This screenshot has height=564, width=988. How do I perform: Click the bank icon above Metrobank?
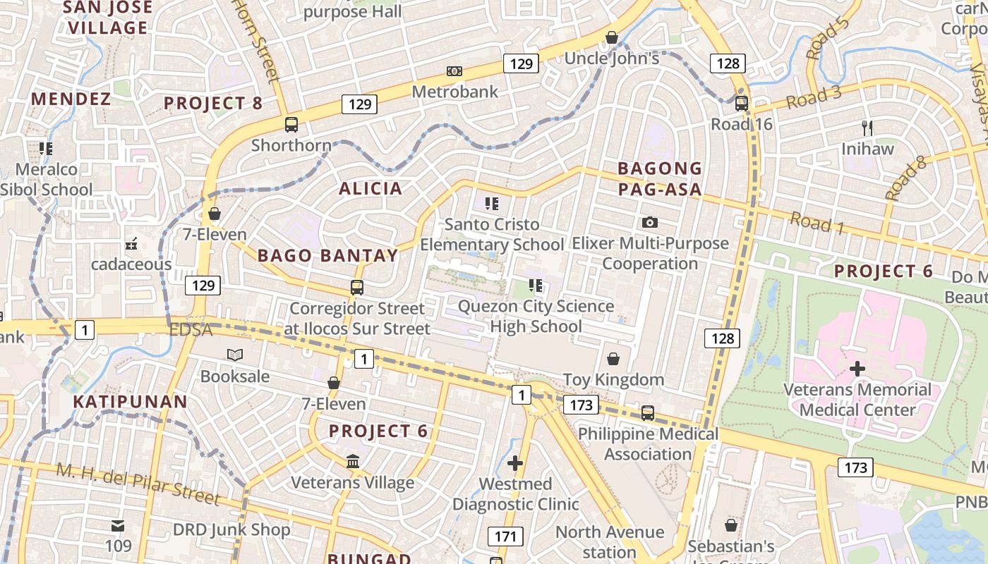tap(454, 71)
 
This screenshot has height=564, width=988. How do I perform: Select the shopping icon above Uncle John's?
tap(612, 37)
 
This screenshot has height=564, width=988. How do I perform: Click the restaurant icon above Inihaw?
tap(867, 128)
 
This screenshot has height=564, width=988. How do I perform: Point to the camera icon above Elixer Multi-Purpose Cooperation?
tap(650, 223)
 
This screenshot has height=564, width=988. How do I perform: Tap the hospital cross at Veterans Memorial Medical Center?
tap(857, 369)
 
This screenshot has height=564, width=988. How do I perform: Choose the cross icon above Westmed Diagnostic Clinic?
tap(515, 463)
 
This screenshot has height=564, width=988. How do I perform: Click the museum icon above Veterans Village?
tap(353, 462)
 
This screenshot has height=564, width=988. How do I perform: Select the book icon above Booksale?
tap(234, 355)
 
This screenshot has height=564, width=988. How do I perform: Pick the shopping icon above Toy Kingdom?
tap(613, 359)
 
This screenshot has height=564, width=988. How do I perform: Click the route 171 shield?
tap(505, 537)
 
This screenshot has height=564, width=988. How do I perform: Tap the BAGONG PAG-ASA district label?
tap(660, 178)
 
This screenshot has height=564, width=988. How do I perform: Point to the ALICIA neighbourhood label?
tap(370, 188)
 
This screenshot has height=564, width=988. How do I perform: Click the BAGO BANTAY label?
tap(327, 255)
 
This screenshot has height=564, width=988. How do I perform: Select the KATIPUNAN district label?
tap(131, 402)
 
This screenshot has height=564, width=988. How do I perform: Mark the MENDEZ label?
tap(71, 99)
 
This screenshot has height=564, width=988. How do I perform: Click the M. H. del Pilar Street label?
tap(138, 484)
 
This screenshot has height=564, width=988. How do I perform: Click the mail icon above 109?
tap(118, 526)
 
